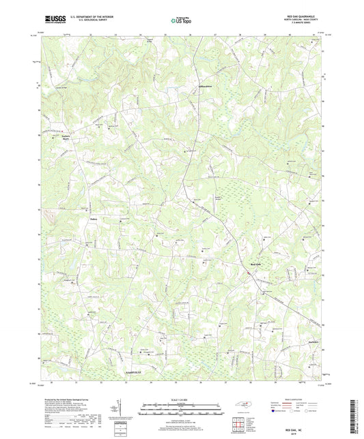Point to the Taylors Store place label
pyautogui.click(x=61, y=136)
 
